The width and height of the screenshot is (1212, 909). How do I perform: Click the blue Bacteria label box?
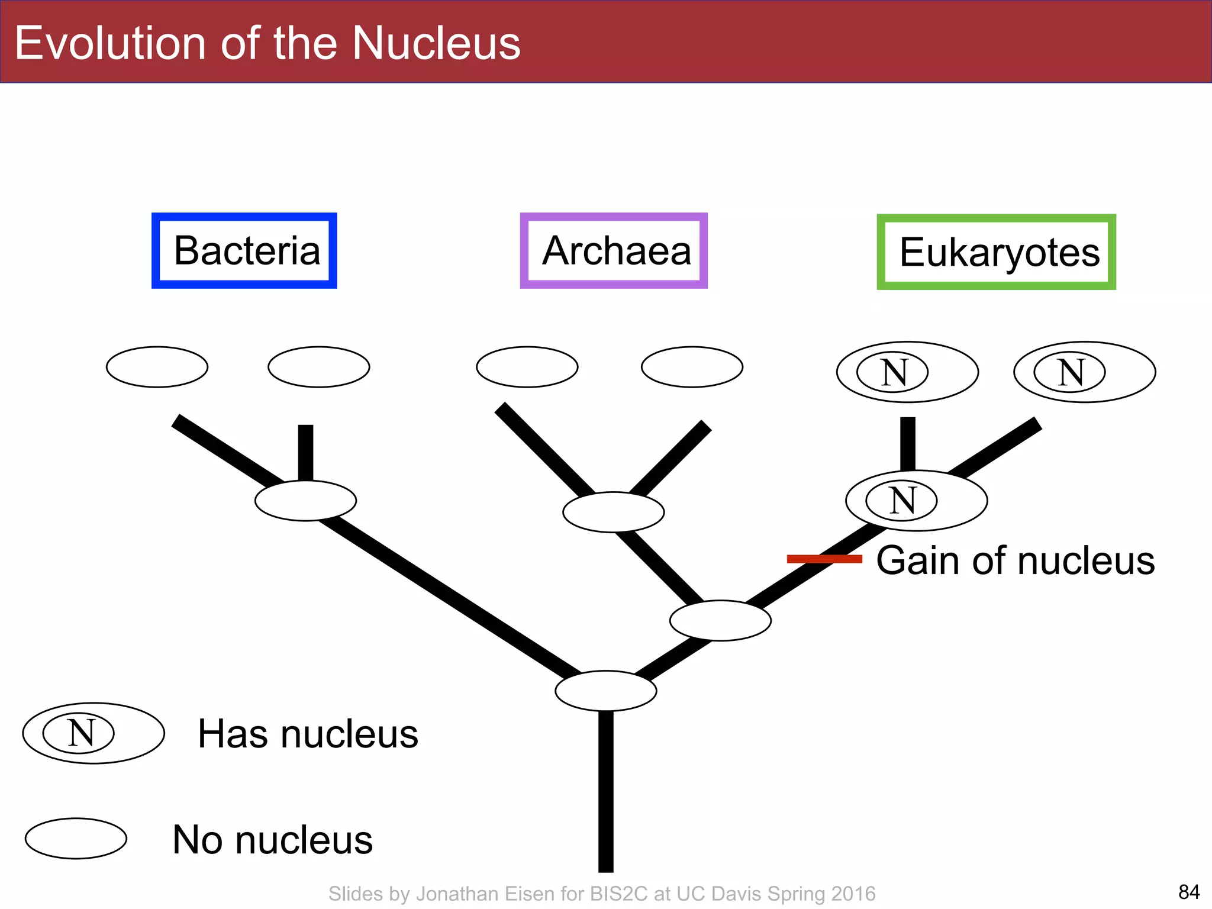pos(244,251)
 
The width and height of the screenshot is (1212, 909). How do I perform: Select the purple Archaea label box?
pos(614,251)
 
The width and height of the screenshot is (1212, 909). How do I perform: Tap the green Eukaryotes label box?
pos(996,252)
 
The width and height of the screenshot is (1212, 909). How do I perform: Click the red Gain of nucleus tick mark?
pos(824,559)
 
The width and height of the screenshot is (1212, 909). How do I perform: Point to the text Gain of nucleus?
pos(1015,560)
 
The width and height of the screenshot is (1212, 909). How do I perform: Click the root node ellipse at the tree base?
pos(606,691)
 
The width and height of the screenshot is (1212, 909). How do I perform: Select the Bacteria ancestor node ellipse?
pos(305,501)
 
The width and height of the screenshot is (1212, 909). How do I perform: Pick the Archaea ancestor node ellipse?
pos(614,512)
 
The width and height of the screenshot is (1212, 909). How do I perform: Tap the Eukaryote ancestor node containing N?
pos(916,501)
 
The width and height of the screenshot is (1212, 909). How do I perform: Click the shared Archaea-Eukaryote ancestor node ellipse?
pos(720,620)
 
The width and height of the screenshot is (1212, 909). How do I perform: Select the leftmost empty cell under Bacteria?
pos(157,367)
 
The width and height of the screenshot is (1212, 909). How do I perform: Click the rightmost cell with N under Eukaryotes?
pos(1084,372)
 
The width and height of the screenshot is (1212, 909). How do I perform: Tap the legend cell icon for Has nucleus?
pos(94,733)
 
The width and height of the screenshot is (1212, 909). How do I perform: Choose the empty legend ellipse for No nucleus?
pos(76,839)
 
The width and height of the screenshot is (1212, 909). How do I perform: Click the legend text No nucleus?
pos(272,839)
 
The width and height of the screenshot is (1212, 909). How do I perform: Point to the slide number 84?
pos(1188,891)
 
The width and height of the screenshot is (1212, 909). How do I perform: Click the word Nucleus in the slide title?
pos(436,43)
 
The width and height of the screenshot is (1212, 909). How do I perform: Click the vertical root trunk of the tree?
pos(606,793)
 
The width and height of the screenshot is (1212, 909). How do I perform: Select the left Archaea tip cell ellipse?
pos(527,367)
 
